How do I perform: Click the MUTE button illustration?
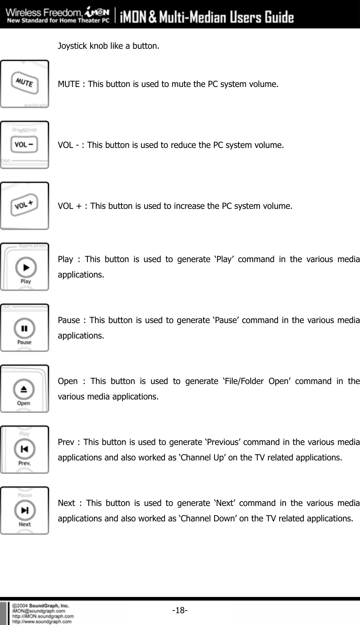[x=25, y=83]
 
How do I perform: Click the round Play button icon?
[x=26, y=267]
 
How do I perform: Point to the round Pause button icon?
[x=24, y=328]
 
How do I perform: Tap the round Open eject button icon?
[x=24, y=389]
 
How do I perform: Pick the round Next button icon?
[x=25, y=510]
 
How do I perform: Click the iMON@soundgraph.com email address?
[x=39, y=610]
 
